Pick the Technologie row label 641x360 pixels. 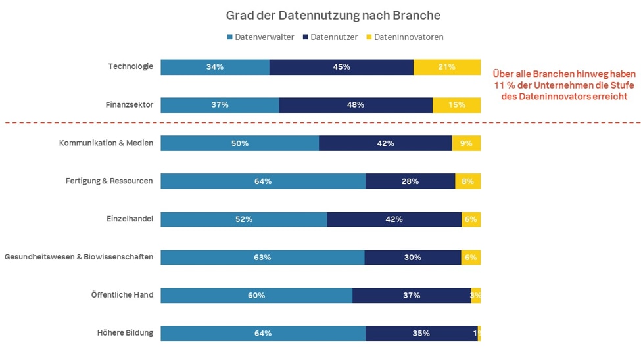(x=131, y=66)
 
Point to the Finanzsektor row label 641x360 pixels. (x=129, y=104)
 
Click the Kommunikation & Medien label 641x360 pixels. (x=106, y=143)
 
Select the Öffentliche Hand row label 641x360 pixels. (x=122, y=295)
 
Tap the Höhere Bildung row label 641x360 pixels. (x=125, y=333)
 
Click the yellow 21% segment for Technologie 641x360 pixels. (x=447, y=67)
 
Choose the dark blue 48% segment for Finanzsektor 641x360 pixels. (x=356, y=105)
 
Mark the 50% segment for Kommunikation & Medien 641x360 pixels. (x=240, y=143)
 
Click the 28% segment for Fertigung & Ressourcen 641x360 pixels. (x=410, y=181)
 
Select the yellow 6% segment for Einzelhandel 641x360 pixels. (x=471, y=219)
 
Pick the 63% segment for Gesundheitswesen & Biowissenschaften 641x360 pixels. (x=262, y=258)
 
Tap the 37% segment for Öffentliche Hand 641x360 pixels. (x=412, y=296)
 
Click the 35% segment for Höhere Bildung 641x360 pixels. (x=421, y=334)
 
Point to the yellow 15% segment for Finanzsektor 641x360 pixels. (x=456, y=105)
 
